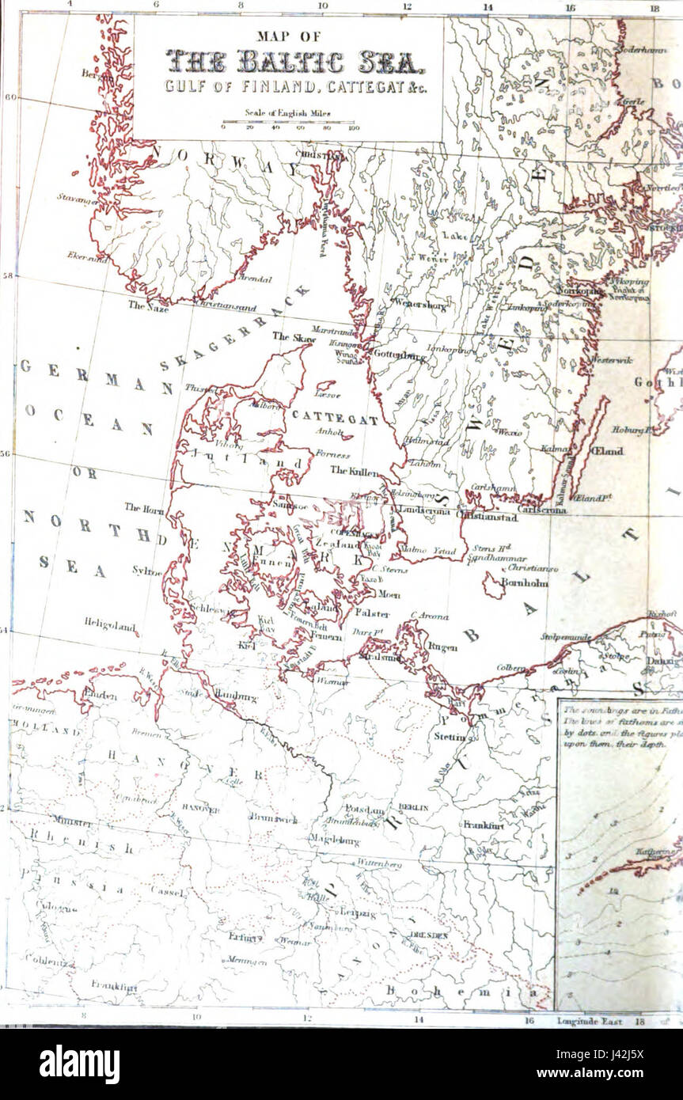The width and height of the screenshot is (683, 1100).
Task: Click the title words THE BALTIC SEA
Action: click(x=288, y=61)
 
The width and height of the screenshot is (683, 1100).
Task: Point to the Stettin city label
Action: click(x=450, y=737)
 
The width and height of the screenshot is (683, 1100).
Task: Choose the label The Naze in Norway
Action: click(x=148, y=305)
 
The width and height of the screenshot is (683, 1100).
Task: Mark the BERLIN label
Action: click(x=413, y=806)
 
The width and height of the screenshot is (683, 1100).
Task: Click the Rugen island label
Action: click(x=442, y=647)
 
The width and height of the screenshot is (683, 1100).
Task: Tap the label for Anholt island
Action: click(x=328, y=433)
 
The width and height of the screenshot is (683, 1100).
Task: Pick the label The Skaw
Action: click(x=294, y=336)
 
